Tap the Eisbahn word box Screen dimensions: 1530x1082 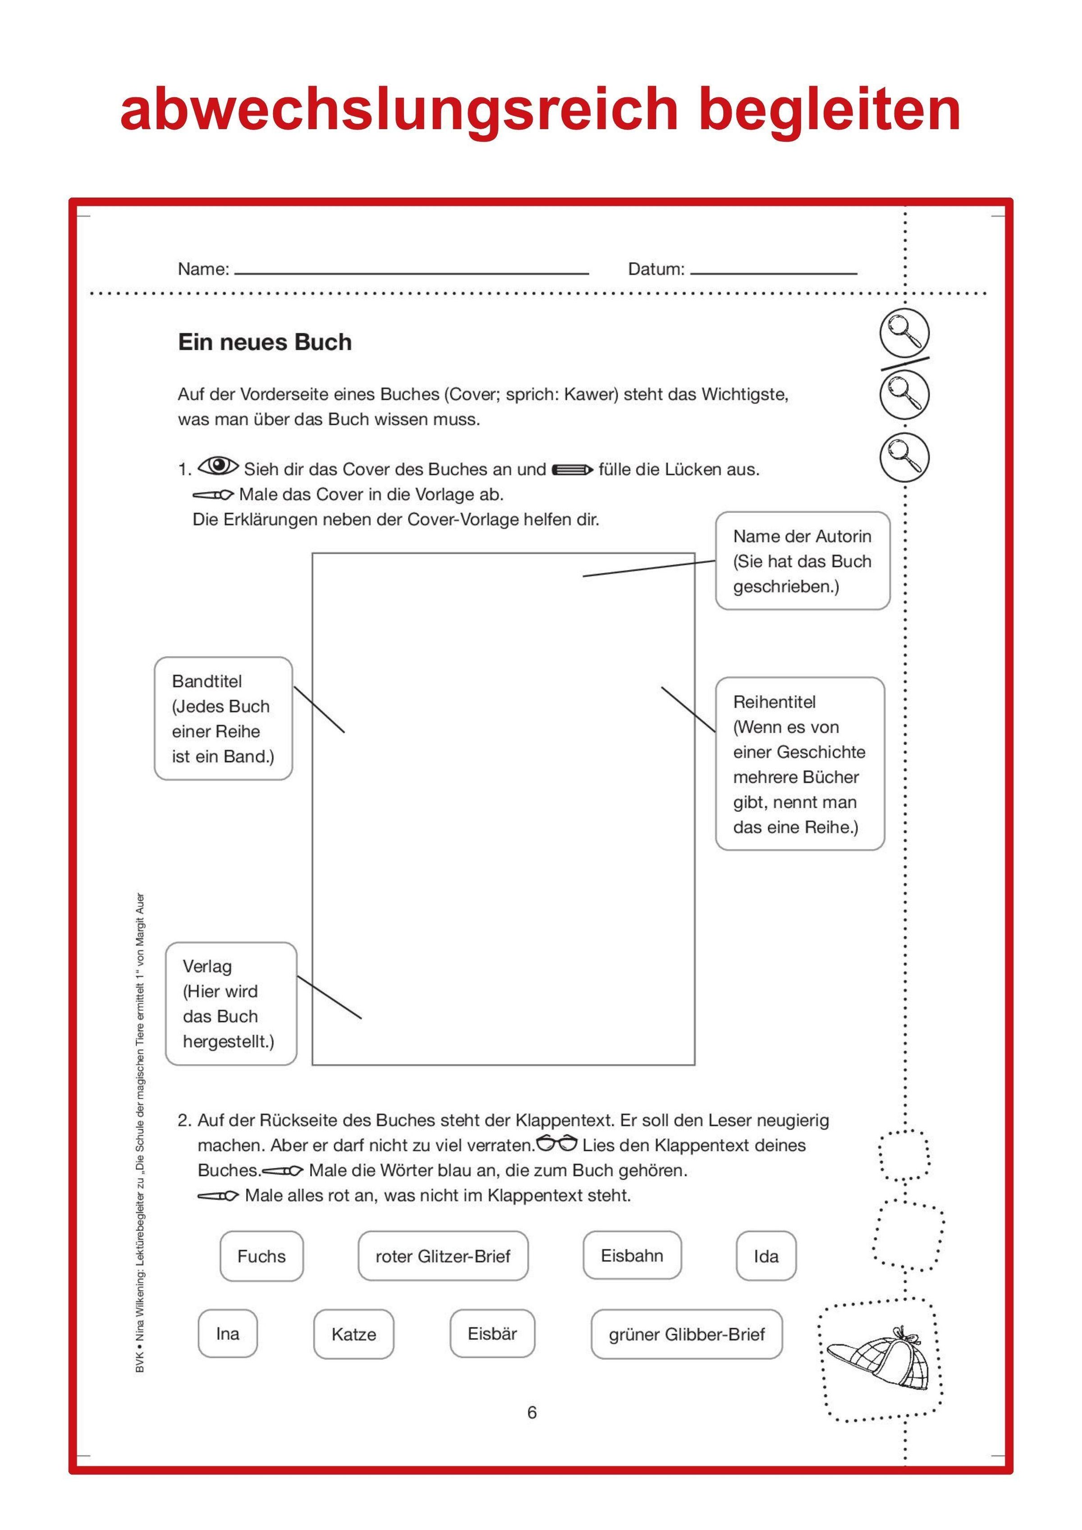tap(632, 1256)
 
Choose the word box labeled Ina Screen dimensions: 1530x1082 tap(227, 1334)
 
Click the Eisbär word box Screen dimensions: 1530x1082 tap(492, 1334)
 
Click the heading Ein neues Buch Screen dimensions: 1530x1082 tap(265, 342)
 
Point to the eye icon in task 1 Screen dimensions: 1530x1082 tap(218, 466)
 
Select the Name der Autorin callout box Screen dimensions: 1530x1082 tap(802, 561)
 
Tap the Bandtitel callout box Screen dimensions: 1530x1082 tap(223, 718)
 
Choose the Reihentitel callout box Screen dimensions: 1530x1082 tap(799, 764)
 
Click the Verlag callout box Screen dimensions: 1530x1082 tap(231, 1004)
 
